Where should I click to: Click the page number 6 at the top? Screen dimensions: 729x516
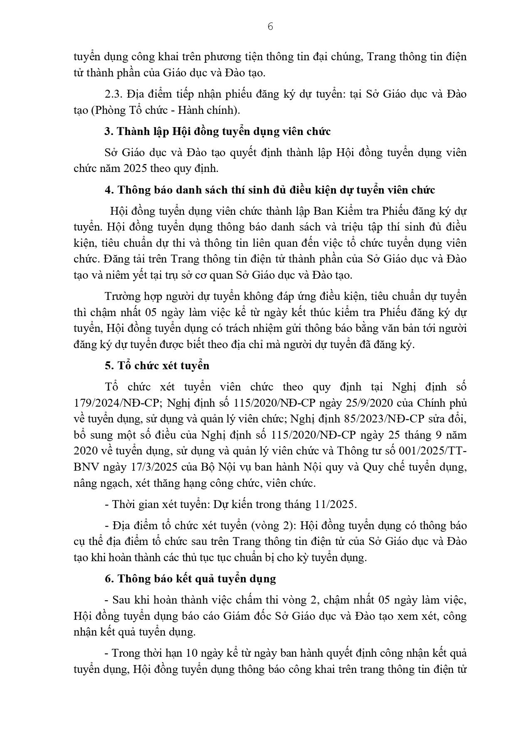coord(270,27)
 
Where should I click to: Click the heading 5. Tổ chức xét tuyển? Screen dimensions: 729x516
coord(157,366)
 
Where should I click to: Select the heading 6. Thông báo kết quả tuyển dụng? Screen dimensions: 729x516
coord(190,579)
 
